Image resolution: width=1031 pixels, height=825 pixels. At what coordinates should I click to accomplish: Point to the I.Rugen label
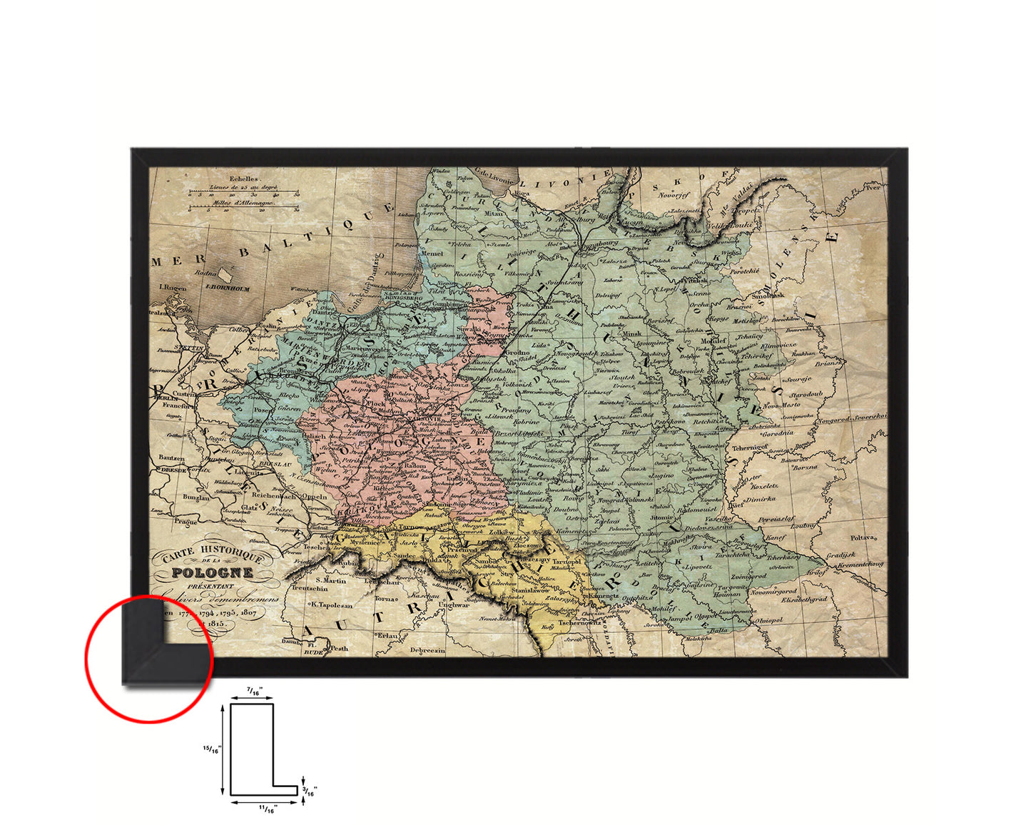173,288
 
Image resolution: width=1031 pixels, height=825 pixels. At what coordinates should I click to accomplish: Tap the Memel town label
432,253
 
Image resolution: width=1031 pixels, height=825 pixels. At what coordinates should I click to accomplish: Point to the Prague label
184,522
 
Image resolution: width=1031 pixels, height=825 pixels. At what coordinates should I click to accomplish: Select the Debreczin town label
427,650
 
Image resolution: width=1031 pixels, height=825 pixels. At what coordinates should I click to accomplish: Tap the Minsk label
632,333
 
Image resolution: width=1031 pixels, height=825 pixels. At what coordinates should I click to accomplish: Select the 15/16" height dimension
213,749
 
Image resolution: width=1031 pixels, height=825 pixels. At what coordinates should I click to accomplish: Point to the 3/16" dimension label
309,791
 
